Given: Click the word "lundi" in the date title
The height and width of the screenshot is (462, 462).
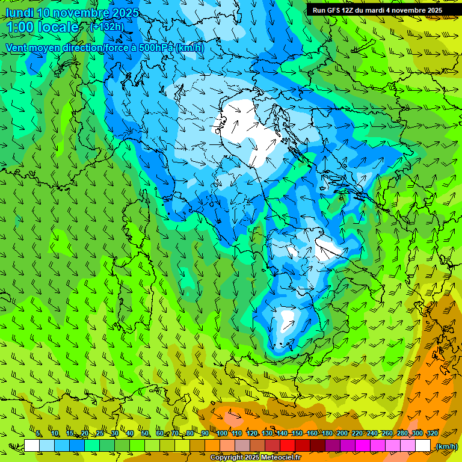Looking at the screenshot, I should point(19,13).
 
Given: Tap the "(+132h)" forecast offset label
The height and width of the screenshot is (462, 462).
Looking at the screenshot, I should point(106,26).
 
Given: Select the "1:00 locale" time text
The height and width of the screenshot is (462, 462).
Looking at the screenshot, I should point(42,28).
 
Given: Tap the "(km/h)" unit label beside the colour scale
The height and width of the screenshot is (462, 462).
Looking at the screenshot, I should point(446,446).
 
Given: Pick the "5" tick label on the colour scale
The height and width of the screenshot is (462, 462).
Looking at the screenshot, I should point(38,434).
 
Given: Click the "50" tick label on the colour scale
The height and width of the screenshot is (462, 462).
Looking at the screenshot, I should point(145,434).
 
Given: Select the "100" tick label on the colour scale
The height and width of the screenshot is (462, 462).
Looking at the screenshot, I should point(222,434).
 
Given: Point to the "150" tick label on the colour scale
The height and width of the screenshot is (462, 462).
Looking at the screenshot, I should point(297,434).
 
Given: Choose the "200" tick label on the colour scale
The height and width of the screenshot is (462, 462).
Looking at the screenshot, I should point(342,434).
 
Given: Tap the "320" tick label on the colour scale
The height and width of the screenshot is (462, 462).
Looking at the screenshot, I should point(432,434).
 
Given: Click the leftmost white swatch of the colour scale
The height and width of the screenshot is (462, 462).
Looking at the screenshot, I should point(32,446).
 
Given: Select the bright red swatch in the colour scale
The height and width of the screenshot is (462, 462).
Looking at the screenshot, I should point(288,446).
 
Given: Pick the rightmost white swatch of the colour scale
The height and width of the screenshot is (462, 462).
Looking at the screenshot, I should point(423,446).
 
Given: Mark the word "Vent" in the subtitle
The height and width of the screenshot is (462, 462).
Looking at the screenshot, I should point(17,48).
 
